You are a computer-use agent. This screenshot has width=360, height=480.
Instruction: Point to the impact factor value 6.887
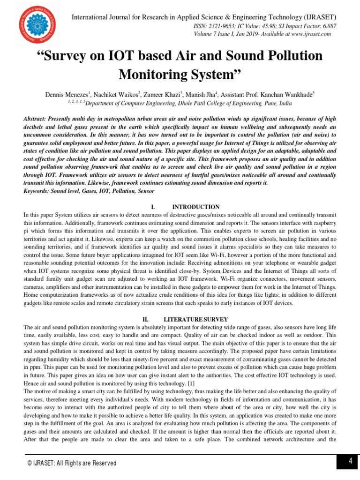click(x=327, y=27)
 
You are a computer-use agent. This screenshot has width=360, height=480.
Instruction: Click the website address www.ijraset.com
click(x=311, y=34)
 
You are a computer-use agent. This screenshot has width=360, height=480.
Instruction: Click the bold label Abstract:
click(x=37, y=120)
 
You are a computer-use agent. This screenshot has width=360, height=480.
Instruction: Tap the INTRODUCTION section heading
click(x=195, y=207)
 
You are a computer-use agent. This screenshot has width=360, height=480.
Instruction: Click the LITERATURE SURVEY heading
click(x=189, y=319)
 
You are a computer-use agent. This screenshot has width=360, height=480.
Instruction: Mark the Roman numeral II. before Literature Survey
click(x=146, y=319)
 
